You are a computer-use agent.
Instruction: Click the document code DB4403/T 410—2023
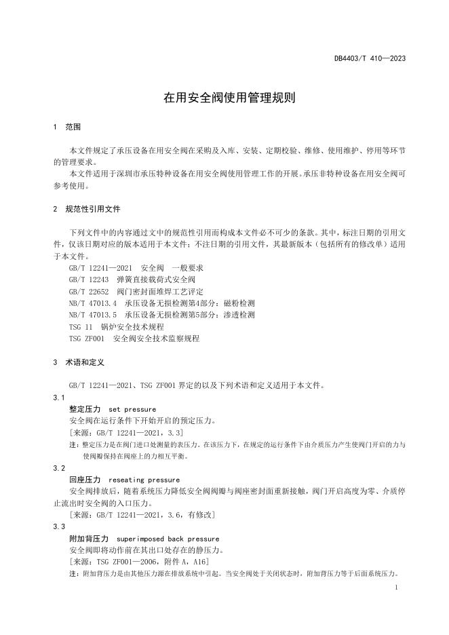(370, 58)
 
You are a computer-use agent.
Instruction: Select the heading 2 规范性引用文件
(86, 209)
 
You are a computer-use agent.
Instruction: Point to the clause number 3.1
(59, 397)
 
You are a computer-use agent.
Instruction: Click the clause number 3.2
(59, 468)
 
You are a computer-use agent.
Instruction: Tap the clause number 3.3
(59, 526)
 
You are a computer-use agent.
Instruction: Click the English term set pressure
(132, 409)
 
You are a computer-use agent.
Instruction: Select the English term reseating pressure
(144, 480)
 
